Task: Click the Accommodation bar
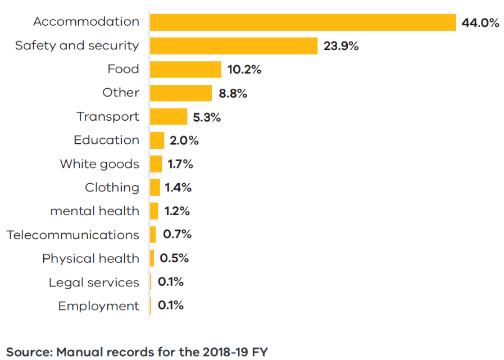(x=302, y=22)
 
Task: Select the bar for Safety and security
(x=234, y=46)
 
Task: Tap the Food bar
(x=185, y=70)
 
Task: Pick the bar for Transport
(x=169, y=117)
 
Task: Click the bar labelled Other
(x=181, y=93)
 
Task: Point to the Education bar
(x=157, y=140)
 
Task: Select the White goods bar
(x=156, y=164)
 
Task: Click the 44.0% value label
(x=480, y=23)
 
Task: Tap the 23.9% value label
(x=341, y=47)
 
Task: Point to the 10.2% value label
(x=244, y=70)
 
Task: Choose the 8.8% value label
(x=233, y=94)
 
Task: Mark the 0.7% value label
(x=177, y=235)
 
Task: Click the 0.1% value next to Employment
(x=171, y=306)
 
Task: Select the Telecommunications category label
(x=73, y=235)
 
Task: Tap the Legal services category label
(x=94, y=282)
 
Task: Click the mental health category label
(x=94, y=211)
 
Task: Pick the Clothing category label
(x=112, y=188)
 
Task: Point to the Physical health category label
(x=90, y=259)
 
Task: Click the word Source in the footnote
(x=29, y=352)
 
